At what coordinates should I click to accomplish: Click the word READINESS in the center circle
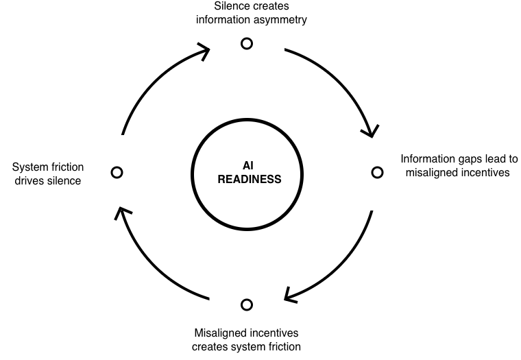point(249,180)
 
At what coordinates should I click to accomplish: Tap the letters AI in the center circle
point(249,165)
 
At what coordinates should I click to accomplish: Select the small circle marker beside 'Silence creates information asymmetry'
point(247,44)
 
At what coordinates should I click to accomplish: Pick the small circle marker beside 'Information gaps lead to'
point(377,172)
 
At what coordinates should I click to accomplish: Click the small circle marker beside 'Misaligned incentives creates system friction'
point(247,304)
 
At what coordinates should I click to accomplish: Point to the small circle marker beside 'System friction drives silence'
point(117,171)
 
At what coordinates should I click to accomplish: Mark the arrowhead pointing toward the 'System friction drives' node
point(121,213)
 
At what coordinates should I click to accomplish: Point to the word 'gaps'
point(468,159)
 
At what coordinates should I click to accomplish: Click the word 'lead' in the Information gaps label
point(494,158)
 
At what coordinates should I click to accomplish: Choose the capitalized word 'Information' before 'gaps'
point(428,158)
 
